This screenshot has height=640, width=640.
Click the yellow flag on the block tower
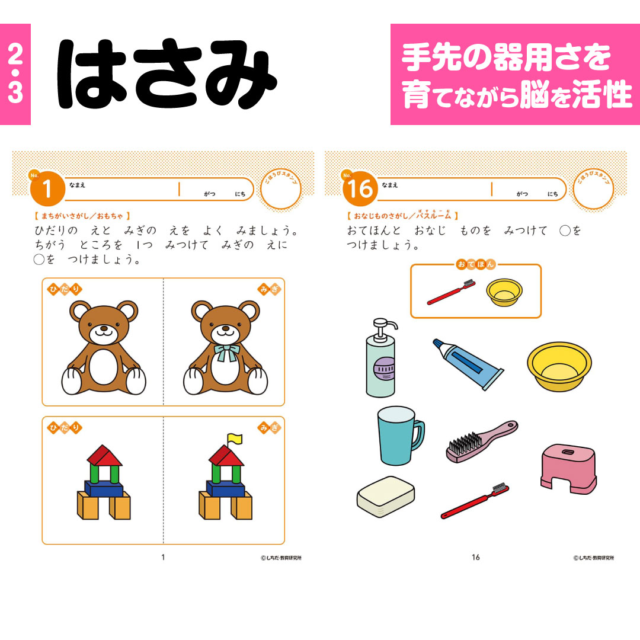tap(235, 439)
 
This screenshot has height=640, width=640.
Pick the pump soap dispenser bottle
tap(381, 363)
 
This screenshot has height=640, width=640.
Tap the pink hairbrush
tap(481, 441)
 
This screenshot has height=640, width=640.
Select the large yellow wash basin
tap(559, 366)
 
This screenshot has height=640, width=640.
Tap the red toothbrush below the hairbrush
tap(475, 501)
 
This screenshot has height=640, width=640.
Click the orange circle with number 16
tap(359, 189)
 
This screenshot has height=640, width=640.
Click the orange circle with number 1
tap(46, 189)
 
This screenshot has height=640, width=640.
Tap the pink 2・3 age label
tap(15, 75)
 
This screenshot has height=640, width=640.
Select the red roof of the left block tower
tap(104, 455)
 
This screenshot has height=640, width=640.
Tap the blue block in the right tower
tap(225, 489)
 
